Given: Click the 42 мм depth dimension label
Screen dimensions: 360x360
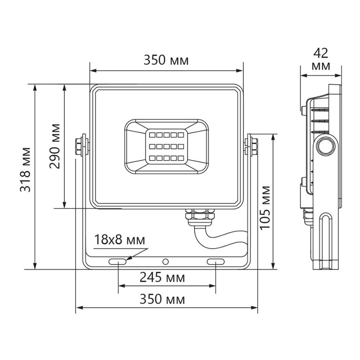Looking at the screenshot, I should tap(321, 59).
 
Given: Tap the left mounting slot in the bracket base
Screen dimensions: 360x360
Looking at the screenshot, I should tap(118, 261).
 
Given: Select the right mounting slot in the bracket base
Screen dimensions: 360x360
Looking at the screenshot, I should tap(215, 261).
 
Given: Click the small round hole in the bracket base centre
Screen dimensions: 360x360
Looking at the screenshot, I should tap(166, 261).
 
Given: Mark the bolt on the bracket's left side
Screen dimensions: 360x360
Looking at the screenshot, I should tap(81, 145).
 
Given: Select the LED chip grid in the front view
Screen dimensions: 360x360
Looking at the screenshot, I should tap(166, 146).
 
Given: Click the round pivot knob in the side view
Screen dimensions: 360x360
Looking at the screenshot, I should tap(325, 146).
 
